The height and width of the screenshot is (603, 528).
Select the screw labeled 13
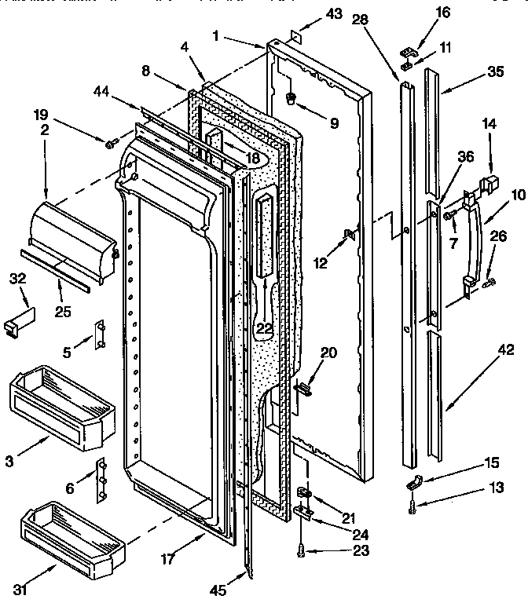[412, 509]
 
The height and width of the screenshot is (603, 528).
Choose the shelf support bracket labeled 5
[101, 335]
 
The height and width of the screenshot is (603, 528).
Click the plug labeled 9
[291, 98]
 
